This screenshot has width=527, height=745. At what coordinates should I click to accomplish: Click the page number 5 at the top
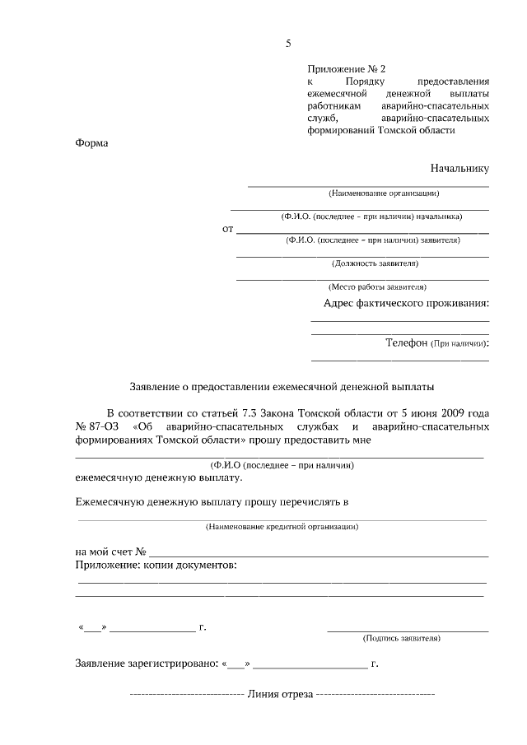288,44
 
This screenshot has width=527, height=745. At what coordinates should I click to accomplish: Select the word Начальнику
459,168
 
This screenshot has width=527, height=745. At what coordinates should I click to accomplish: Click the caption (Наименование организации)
383,193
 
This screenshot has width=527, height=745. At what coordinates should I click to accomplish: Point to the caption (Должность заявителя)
375,263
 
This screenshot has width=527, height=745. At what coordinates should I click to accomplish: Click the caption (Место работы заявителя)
377,287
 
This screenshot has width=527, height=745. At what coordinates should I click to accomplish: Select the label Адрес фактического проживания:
406,303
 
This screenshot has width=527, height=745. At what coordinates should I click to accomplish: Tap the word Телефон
406,342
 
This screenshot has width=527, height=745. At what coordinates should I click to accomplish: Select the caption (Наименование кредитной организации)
282,525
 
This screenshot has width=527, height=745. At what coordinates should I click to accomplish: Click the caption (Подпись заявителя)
401,638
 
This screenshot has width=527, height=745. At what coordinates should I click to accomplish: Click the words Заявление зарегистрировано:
146,663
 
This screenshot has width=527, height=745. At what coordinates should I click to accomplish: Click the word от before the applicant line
228,229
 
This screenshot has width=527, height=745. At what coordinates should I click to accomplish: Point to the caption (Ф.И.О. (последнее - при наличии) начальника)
371,217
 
